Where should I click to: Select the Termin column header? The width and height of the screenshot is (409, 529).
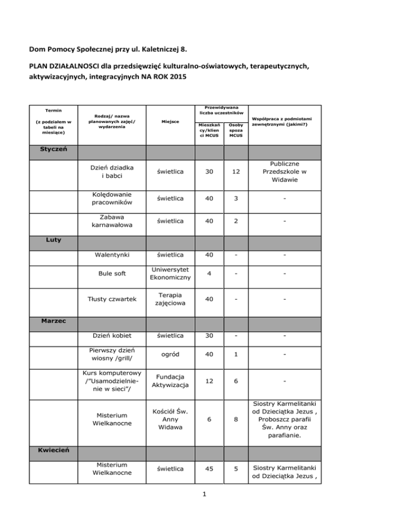click(51, 111)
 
